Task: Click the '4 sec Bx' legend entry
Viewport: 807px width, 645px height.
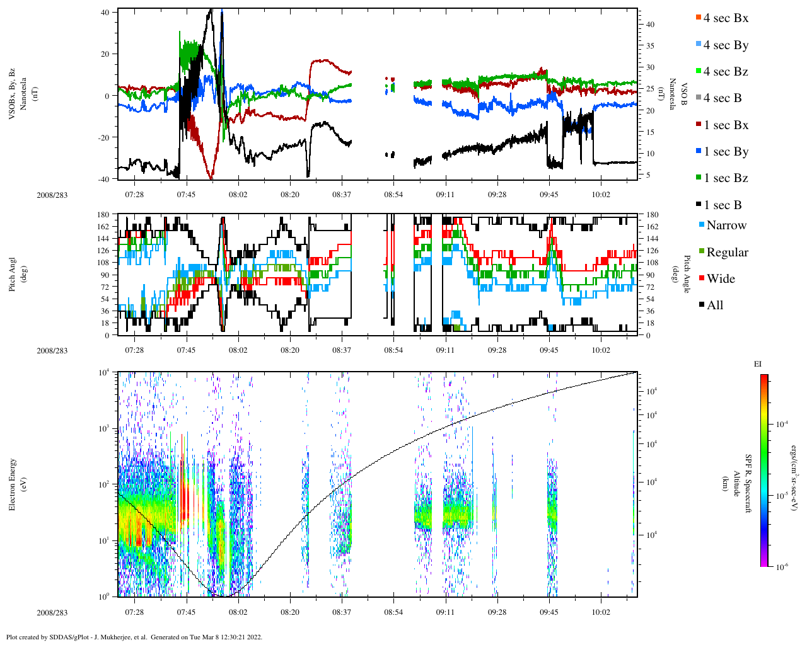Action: [x=725, y=18]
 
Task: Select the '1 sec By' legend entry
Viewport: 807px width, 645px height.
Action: [x=726, y=152]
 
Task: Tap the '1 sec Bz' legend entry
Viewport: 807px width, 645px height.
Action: [x=726, y=178]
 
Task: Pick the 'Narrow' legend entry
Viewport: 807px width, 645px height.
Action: [x=726, y=225]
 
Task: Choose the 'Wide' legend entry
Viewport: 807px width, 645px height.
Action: [x=721, y=279]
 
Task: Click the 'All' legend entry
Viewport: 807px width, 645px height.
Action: [x=714, y=305]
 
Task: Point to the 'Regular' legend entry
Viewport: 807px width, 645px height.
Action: [x=727, y=253]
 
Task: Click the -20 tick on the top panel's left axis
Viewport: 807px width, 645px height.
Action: [x=106, y=137]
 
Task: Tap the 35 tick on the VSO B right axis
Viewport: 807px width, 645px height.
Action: [x=649, y=46]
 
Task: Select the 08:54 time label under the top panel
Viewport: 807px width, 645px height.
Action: [x=393, y=195]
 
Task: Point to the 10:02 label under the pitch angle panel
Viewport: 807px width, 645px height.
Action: [x=601, y=350]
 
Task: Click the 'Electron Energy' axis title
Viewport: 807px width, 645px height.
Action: [x=13, y=484]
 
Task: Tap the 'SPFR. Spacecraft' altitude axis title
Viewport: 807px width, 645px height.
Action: [x=748, y=484]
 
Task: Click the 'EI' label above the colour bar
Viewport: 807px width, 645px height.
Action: [x=758, y=364]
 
